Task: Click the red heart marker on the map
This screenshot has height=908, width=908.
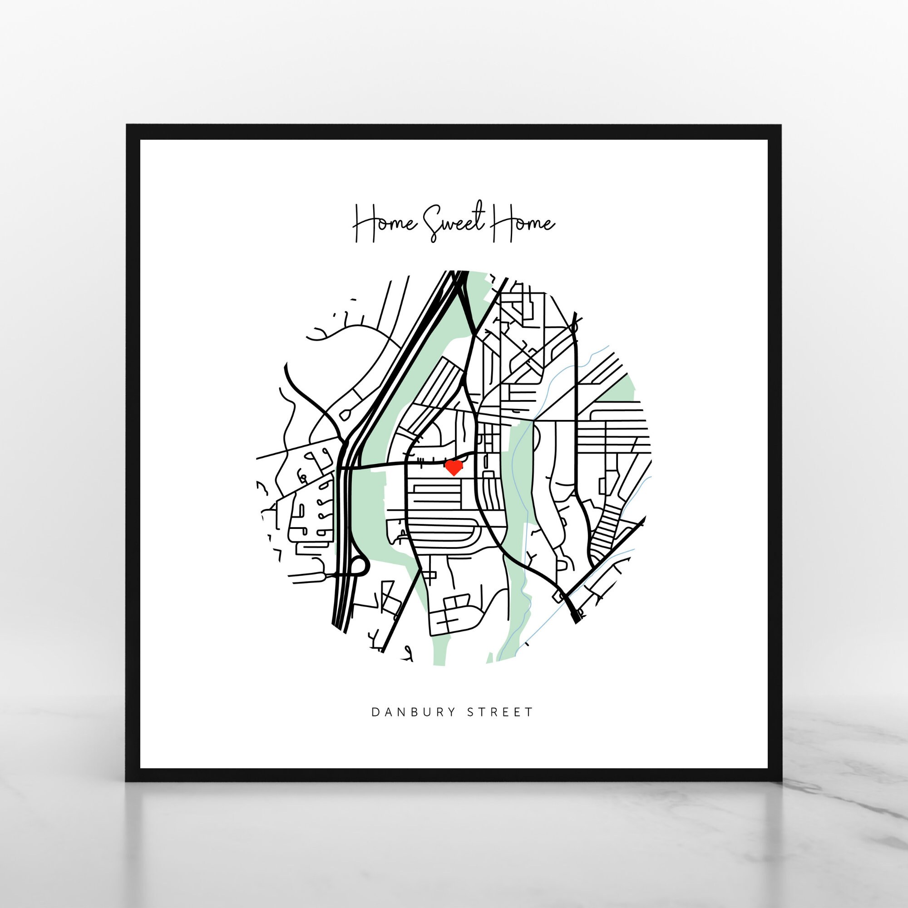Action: pos(454,468)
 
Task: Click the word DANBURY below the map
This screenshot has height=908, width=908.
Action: pos(414,712)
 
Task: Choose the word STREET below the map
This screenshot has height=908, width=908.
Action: pos(500,712)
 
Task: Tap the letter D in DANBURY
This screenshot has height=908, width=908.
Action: pos(375,712)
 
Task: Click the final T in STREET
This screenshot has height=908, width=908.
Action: pos(530,712)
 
